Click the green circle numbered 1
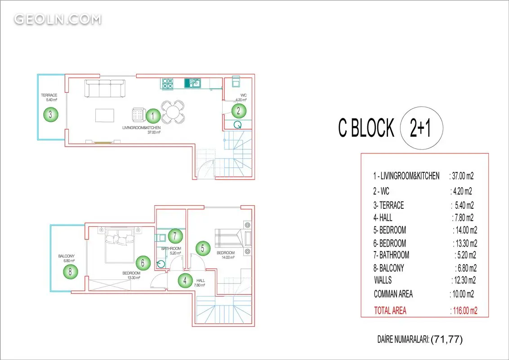pyautogui.click(x=153, y=116)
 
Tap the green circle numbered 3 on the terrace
pyautogui.click(x=50, y=114)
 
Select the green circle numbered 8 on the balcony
pyautogui.click(x=71, y=271)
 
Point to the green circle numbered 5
pyautogui.click(x=202, y=248)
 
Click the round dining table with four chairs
pyautogui.click(x=173, y=112)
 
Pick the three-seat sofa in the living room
pyautogui.click(x=105, y=88)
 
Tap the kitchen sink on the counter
pyautogui.click(x=193, y=83)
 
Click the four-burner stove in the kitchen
pyautogui.click(x=168, y=84)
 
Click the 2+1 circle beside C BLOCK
pyautogui.click(x=421, y=128)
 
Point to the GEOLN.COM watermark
pyautogui.click(x=58, y=19)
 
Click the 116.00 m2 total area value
pyautogui.click(x=464, y=310)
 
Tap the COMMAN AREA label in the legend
pyautogui.click(x=393, y=294)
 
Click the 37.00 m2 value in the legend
pyautogui.click(x=462, y=176)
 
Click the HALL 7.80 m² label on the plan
pyautogui.click(x=200, y=283)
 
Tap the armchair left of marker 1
pyautogui.click(x=138, y=115)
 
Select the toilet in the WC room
pyautogui.click(x=236, y=81)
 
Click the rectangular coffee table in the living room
pyautogui.click(x=104, y=115)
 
